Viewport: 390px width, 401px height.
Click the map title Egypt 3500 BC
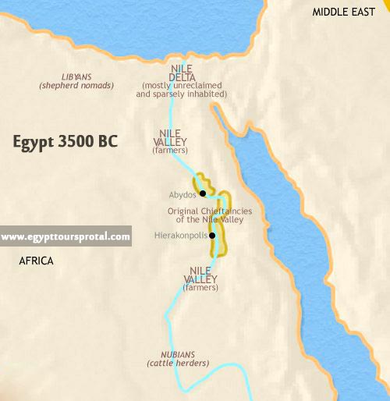(66, 142)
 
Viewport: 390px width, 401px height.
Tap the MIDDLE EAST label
(345, 12)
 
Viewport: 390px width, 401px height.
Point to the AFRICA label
(36, 261)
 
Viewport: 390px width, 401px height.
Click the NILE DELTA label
(182, 72)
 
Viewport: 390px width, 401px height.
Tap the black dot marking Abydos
(202, 193)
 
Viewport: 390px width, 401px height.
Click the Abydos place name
(182, 193)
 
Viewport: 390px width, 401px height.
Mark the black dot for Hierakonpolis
(211, 235)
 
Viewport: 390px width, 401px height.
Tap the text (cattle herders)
(178, 364)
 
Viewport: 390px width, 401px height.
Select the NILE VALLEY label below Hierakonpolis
(200, 275)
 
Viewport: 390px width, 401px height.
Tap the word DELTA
(182, 76)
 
